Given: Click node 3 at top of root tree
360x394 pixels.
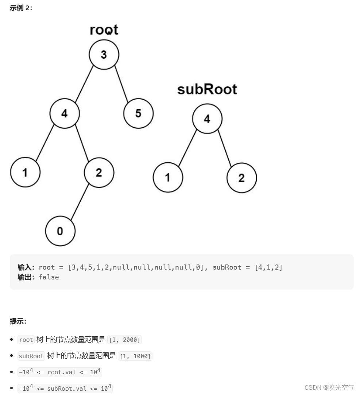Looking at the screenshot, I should tap(104, 55).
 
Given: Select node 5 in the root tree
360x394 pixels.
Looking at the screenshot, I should tap(138, 113).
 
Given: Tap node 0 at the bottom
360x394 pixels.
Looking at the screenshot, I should tap(60, 231).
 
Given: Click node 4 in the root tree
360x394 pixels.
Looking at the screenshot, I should tap(65, 113).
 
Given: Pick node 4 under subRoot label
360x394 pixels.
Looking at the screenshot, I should tap(207, 119).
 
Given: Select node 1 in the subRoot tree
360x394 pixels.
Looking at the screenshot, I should tap(168, 178).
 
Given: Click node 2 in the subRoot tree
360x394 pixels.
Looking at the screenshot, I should tap(241, 178).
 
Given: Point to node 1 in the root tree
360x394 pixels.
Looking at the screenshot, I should tap(25, 172).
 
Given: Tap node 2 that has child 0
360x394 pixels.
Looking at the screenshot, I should tap(99, 172).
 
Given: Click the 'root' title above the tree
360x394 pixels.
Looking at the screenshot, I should tap(104, 30).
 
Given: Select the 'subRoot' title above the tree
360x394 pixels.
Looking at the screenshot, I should tap(207, 89).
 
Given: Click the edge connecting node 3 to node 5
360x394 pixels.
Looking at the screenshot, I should tap(122, 84).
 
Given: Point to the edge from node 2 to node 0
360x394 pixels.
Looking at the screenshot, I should tap(80, 202).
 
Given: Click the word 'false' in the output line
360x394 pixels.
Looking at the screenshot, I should tap(49, 277).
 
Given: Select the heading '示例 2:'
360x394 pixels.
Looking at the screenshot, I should tap(21, 8).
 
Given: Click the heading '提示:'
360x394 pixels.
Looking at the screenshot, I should tap(18, 321).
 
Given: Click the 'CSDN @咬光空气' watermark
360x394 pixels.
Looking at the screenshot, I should tap(329, 387).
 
